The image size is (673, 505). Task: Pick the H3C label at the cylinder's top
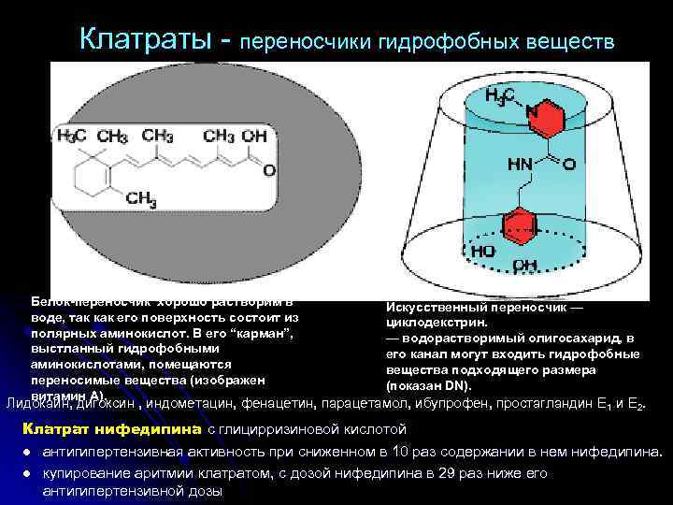point(503,96)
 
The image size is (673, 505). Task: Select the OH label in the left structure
point(254,136)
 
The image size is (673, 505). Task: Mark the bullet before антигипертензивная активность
point(30,451)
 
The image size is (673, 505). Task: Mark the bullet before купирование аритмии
point(30,472)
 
